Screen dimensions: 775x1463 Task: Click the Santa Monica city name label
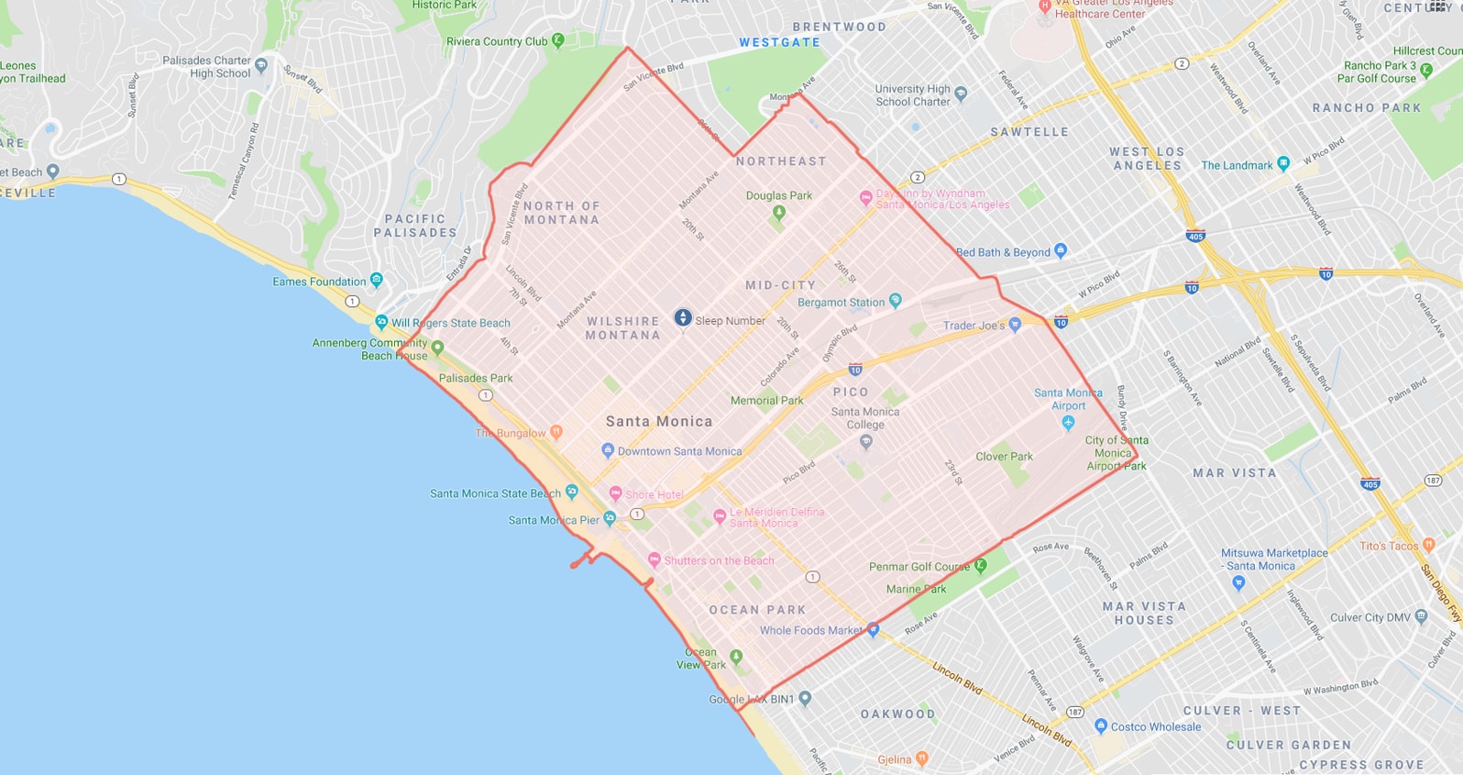click(658, 422)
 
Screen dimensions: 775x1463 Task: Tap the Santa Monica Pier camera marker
click(610, 519)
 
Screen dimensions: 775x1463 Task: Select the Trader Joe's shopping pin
click(1015, 325)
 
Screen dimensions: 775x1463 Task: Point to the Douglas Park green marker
click(779, 212)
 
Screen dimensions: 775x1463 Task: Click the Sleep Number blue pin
click(683, 317)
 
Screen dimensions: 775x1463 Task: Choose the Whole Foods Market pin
click(874, 630)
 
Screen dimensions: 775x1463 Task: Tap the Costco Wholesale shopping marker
click(1101, 725)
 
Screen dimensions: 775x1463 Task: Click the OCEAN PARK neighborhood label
click(757, 610)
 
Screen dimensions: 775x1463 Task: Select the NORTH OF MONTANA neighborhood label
click(561, 213)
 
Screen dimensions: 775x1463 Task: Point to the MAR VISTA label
click(1234, 473)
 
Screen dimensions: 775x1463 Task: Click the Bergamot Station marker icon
click(896, 300)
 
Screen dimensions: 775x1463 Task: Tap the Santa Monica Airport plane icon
click(1068, 423)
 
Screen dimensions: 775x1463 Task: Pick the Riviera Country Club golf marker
click(558, 40)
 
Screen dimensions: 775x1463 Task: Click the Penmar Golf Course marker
click(980, 565)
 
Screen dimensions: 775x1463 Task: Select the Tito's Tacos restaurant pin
click(1428, 545)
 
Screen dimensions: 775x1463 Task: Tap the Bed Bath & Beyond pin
click(1061, 249)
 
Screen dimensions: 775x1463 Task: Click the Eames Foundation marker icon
click(376, 280)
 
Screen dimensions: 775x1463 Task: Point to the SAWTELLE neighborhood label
click(1029, 132)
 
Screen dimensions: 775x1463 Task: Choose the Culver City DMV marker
click(1421, 616)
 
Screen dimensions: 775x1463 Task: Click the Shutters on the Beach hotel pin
click(654, 559)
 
